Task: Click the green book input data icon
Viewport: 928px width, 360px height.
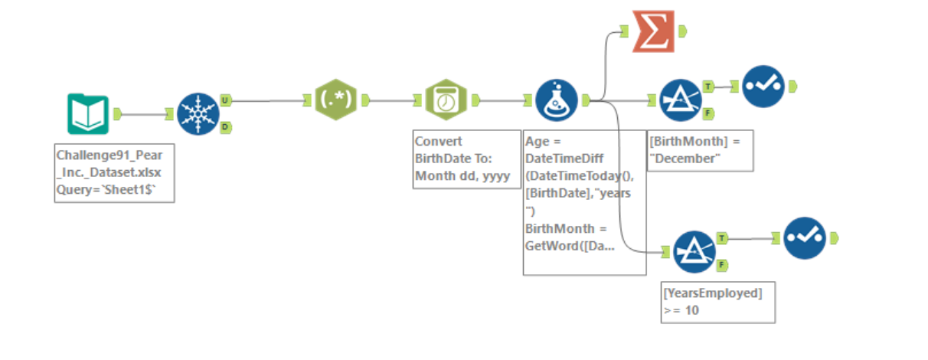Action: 87,113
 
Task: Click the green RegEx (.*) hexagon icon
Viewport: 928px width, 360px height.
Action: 335,100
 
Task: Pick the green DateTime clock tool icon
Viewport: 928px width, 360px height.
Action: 446,100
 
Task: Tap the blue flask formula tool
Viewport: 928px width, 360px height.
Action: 556,100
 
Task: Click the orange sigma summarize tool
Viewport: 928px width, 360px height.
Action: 653,31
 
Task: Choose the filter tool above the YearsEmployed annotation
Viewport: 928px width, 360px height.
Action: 694,252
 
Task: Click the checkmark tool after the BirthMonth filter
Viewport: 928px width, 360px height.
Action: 763,86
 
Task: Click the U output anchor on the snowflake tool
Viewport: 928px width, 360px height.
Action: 225,100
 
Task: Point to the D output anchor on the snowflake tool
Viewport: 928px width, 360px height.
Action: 225,127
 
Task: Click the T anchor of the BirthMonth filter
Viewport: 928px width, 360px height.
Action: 708,87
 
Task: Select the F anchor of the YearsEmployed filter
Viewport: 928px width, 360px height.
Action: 722,265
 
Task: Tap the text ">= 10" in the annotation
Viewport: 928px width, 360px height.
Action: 681,310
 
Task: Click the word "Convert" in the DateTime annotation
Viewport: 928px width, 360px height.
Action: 438,142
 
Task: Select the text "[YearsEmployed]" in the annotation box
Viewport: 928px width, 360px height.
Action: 713,293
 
